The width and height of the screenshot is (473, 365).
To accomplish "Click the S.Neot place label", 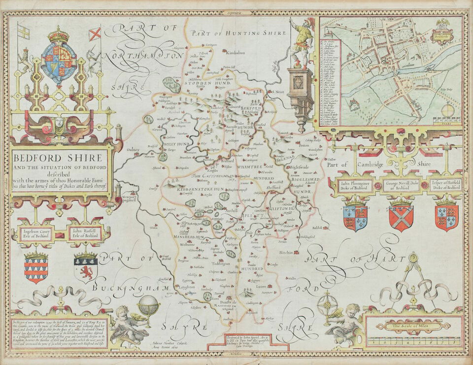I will [279, 92].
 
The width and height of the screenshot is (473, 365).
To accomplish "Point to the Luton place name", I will [261, 286].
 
